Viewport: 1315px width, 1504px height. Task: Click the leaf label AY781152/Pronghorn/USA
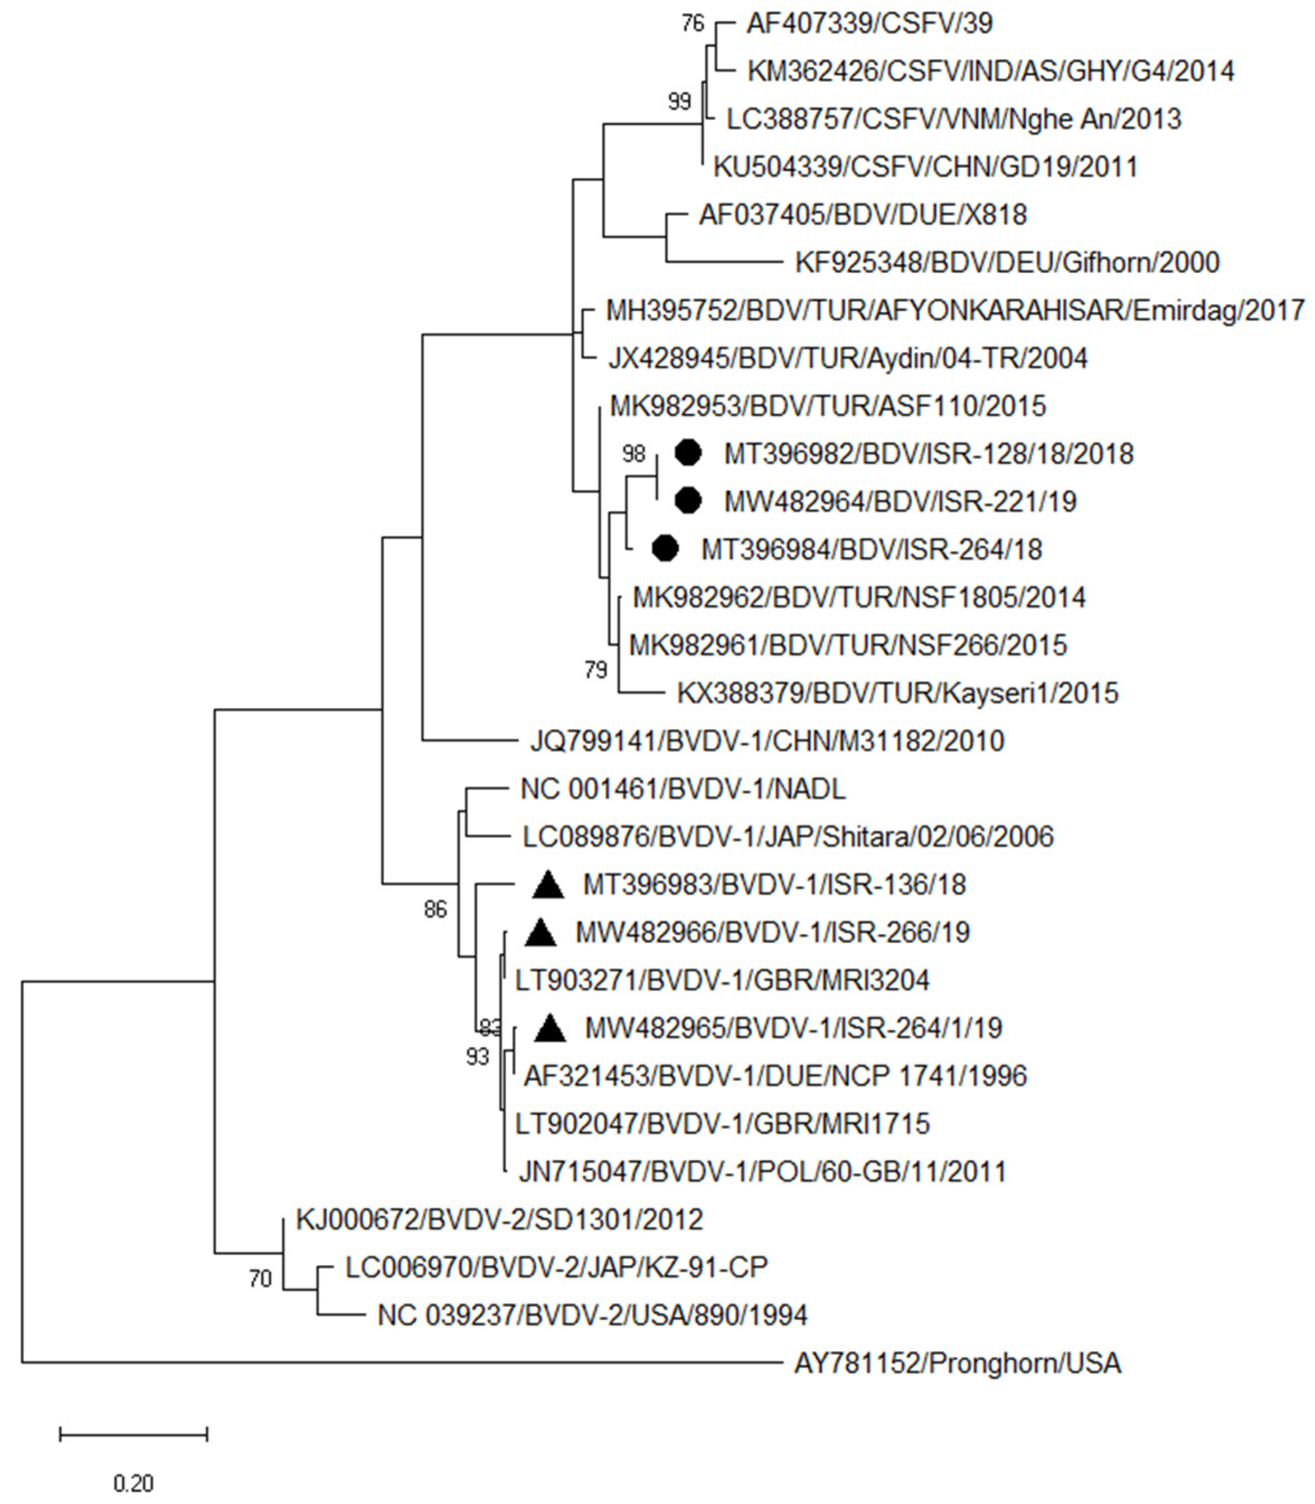coord(957,1363)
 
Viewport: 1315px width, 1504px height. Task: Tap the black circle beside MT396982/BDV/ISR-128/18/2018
coord(687,453)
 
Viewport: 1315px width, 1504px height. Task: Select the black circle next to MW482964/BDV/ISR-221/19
coord(687,501)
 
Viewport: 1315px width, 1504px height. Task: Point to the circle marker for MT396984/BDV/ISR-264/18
coord(665,549)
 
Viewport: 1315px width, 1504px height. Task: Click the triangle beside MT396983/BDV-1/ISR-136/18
coord(548,886)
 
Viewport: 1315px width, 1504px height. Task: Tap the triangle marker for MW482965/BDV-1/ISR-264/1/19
coord(550,1029)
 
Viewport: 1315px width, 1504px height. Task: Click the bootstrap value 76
coord(692,23)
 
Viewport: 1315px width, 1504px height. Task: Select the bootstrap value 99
coord(679,101)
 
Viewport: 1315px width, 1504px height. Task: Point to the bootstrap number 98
coord(633,454)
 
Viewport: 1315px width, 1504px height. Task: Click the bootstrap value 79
coord(596,670)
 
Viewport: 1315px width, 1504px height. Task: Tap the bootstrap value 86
coord(435,910)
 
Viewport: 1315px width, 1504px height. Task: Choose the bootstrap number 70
coord(260,1279)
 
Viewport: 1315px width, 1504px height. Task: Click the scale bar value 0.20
coord(134,1483)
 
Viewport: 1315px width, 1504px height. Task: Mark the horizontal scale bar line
coord(134,1434)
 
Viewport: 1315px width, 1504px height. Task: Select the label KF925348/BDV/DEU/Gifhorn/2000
coord(1007,263)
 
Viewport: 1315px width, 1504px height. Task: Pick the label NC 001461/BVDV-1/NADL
coord(682,789)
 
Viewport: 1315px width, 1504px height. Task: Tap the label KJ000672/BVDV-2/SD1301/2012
coord(499,1219)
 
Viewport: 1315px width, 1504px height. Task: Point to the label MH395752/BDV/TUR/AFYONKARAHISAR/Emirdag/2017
coord(955,310)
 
